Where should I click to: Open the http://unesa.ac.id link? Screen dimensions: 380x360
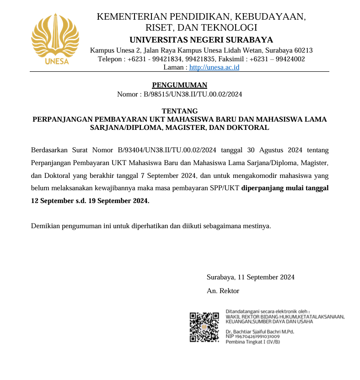[214, 67]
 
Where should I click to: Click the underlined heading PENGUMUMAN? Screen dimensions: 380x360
[179, 85]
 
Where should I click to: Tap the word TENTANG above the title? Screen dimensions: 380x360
[180, 111]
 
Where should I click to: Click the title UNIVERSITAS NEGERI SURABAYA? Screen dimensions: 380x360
[201, 39]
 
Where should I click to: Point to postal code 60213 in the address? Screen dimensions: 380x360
[302, 50]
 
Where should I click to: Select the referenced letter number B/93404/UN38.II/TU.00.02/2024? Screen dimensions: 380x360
[167, 150]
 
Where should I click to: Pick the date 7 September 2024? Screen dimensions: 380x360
[169, 175]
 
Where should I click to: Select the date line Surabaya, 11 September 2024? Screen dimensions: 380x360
[250, 277]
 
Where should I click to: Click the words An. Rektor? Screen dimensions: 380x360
[223, 290]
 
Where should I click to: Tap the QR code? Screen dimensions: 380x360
[204, 326]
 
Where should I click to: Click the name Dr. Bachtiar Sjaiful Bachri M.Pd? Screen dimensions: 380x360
[259, 331]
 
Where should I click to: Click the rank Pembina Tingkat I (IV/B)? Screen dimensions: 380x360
[253, 342]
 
